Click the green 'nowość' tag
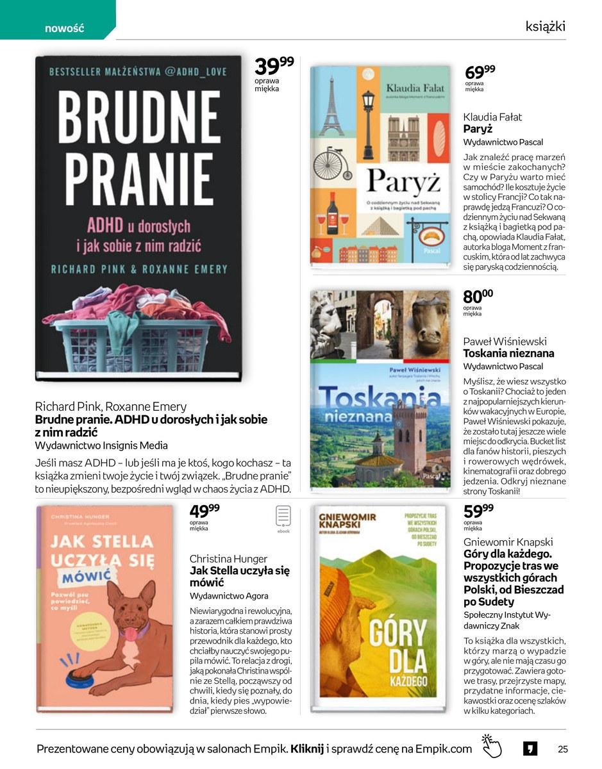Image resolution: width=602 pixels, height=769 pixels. pos(64,28)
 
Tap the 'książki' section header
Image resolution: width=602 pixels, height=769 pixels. pos(545,26)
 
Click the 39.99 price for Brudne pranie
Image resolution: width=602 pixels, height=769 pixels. pos(274,66)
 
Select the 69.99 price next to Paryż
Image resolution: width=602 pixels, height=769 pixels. pos(480,71)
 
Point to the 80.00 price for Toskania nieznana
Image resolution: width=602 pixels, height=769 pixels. pos(478,297)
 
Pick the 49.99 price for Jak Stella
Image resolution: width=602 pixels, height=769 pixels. pos(205,512)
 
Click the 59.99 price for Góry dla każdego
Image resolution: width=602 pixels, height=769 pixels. pos(478,512)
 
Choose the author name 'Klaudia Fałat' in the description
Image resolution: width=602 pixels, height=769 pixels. pos(492,117)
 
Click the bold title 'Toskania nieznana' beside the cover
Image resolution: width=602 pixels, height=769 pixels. pos(508,353)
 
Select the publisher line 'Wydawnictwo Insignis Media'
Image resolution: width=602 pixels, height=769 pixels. pos(101,445)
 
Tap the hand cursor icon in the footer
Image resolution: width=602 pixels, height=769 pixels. pos(492,747)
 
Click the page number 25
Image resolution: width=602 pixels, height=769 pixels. pos(563,748)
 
